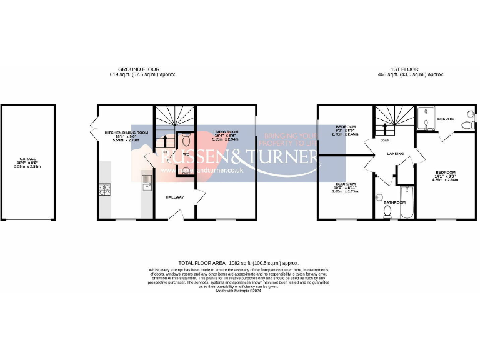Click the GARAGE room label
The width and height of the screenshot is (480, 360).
(26, 159)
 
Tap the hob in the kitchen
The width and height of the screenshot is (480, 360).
(104, 190)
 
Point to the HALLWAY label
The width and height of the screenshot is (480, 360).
(174, 197)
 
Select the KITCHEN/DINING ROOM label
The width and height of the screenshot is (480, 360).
(127, 132)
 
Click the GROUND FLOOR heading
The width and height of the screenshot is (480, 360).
(139, 69)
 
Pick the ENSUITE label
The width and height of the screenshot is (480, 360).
(445, 119)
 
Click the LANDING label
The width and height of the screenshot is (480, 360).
(395, 154)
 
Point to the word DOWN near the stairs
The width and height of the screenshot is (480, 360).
(385, 141)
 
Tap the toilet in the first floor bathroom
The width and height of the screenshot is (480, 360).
(387, 211)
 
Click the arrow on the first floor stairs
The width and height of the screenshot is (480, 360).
(384, 130)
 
